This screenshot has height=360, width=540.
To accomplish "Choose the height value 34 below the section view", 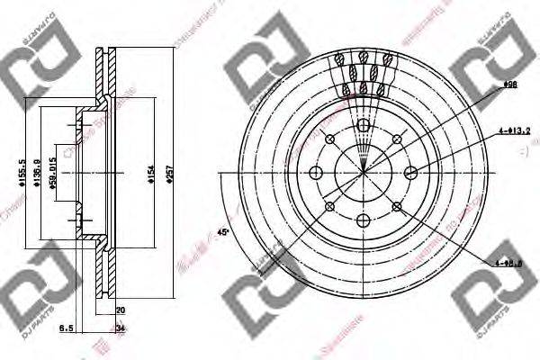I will pos(121,329).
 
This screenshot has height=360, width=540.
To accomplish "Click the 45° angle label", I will pos(223,235).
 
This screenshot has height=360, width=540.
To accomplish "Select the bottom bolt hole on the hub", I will pos(363,220).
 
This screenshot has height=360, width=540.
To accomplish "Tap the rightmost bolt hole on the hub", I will pos(410,173).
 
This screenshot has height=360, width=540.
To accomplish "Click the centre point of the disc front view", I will pos(363,173).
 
